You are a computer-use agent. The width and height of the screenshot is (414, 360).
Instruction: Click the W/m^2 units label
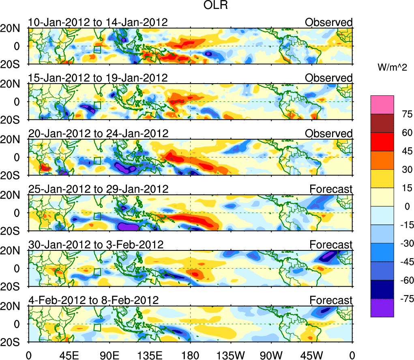coord(393,68)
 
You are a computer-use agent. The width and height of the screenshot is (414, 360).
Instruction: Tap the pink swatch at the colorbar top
coord(382,105)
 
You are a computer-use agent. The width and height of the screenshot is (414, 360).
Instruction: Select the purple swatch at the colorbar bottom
coord(382,308)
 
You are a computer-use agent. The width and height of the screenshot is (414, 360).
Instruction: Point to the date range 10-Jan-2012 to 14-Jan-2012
coord(98,22)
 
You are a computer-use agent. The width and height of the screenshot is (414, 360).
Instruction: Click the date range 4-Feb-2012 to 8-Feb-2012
coord(93,300)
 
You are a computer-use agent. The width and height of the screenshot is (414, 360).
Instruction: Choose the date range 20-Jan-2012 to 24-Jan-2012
coord(98,134)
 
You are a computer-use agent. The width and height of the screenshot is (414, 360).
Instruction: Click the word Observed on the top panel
coord(329,22)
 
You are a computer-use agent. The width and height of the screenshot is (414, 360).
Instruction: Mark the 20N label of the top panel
coord(13,28)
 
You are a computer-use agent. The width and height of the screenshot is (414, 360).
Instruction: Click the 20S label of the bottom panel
coord(13,342)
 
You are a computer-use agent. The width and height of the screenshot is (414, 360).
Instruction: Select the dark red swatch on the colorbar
coord(382,123)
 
